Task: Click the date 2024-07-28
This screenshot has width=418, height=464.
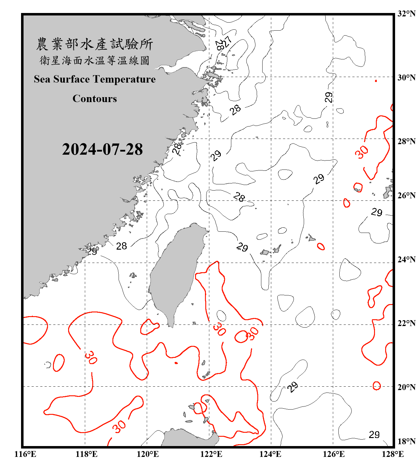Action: [102, 149]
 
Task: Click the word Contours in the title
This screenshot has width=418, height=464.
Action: [95, 99]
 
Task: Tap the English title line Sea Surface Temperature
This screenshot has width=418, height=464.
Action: [95, 79]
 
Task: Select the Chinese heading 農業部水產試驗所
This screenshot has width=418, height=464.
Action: [94, 44]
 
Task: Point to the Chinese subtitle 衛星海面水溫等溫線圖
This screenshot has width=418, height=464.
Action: [94, 60]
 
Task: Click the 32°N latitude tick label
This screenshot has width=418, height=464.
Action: [406, 14]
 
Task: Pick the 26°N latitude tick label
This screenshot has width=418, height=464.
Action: [406, 195]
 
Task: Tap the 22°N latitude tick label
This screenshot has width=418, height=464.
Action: [406, 323]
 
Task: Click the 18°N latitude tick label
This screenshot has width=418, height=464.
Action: [406, 441]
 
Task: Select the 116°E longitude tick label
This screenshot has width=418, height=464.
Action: [25, 454]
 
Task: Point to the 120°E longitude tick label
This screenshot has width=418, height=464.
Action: [148, 454]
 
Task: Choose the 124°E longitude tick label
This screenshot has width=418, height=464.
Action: [270, 454]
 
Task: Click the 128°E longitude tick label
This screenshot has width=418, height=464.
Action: [393, 454]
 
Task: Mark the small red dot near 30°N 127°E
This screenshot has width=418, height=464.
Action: [376, 81]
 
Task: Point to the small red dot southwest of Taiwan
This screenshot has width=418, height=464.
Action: [176, 363]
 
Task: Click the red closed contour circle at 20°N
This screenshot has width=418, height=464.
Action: [377, 386]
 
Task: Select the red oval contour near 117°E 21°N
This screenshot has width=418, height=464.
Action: [59, 363]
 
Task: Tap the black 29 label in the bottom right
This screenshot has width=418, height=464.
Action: [374, 435]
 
